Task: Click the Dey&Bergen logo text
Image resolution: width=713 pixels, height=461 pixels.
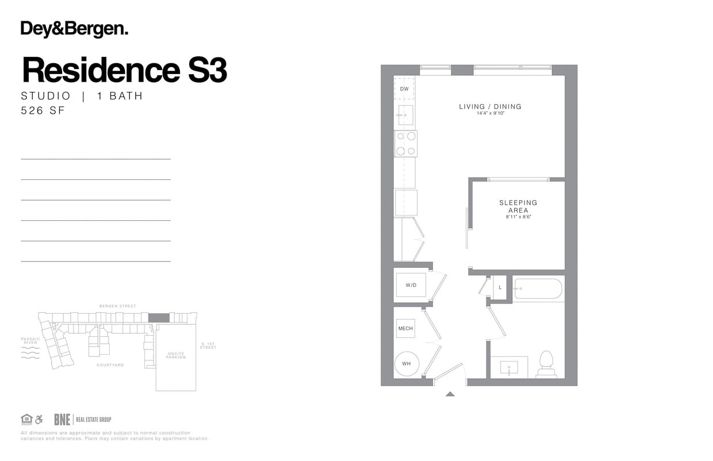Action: click(x=74, y=29)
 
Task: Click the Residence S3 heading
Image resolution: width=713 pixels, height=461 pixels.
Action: click(x=124, y=70)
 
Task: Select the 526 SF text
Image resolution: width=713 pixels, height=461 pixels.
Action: click(x=43, y=111)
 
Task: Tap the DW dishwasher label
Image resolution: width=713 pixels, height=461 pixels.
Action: click(x=404, y=89)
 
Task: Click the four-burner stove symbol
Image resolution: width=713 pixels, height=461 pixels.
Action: click(x=405, y=144)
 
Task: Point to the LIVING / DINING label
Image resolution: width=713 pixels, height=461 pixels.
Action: click(x=490, y=106)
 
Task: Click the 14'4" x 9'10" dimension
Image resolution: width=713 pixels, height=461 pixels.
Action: click(x=490, y=114)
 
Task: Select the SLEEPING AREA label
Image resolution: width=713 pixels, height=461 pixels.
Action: click(x=518, y=206)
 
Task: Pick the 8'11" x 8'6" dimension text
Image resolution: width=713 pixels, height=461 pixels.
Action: click(x=518, y=217)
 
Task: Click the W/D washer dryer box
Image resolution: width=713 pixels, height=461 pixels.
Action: click(x=411, y=285)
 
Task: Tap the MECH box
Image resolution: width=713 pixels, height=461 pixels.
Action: click(x=405, y=328)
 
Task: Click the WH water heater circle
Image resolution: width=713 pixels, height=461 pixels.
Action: click(x=407, y=364)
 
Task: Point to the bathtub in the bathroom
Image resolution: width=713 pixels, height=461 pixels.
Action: click(x=538, y=289)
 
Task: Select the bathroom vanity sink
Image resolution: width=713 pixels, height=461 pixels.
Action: click(x=509, y=367)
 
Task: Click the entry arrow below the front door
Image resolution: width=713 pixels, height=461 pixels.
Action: click(x=450, y=394)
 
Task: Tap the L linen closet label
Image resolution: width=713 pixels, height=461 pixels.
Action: click(x=500, y=287)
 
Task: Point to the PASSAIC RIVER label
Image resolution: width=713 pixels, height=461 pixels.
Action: click(x=30, y=341)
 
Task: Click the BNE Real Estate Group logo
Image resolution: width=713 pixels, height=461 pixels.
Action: click(x=82, y=420)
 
